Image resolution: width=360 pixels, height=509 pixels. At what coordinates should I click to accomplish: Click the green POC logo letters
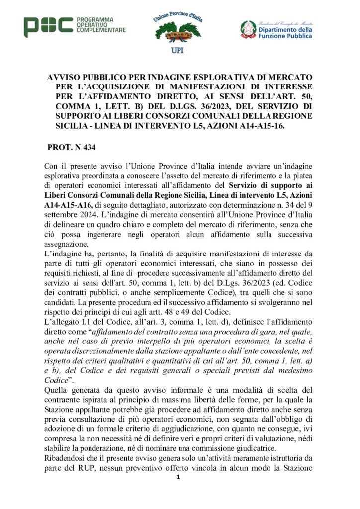coord(48,27)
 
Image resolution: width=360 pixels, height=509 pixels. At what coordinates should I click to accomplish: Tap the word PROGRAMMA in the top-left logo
coord(95,19)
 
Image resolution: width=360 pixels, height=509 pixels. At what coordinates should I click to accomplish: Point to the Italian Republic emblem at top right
coord(249,29)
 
